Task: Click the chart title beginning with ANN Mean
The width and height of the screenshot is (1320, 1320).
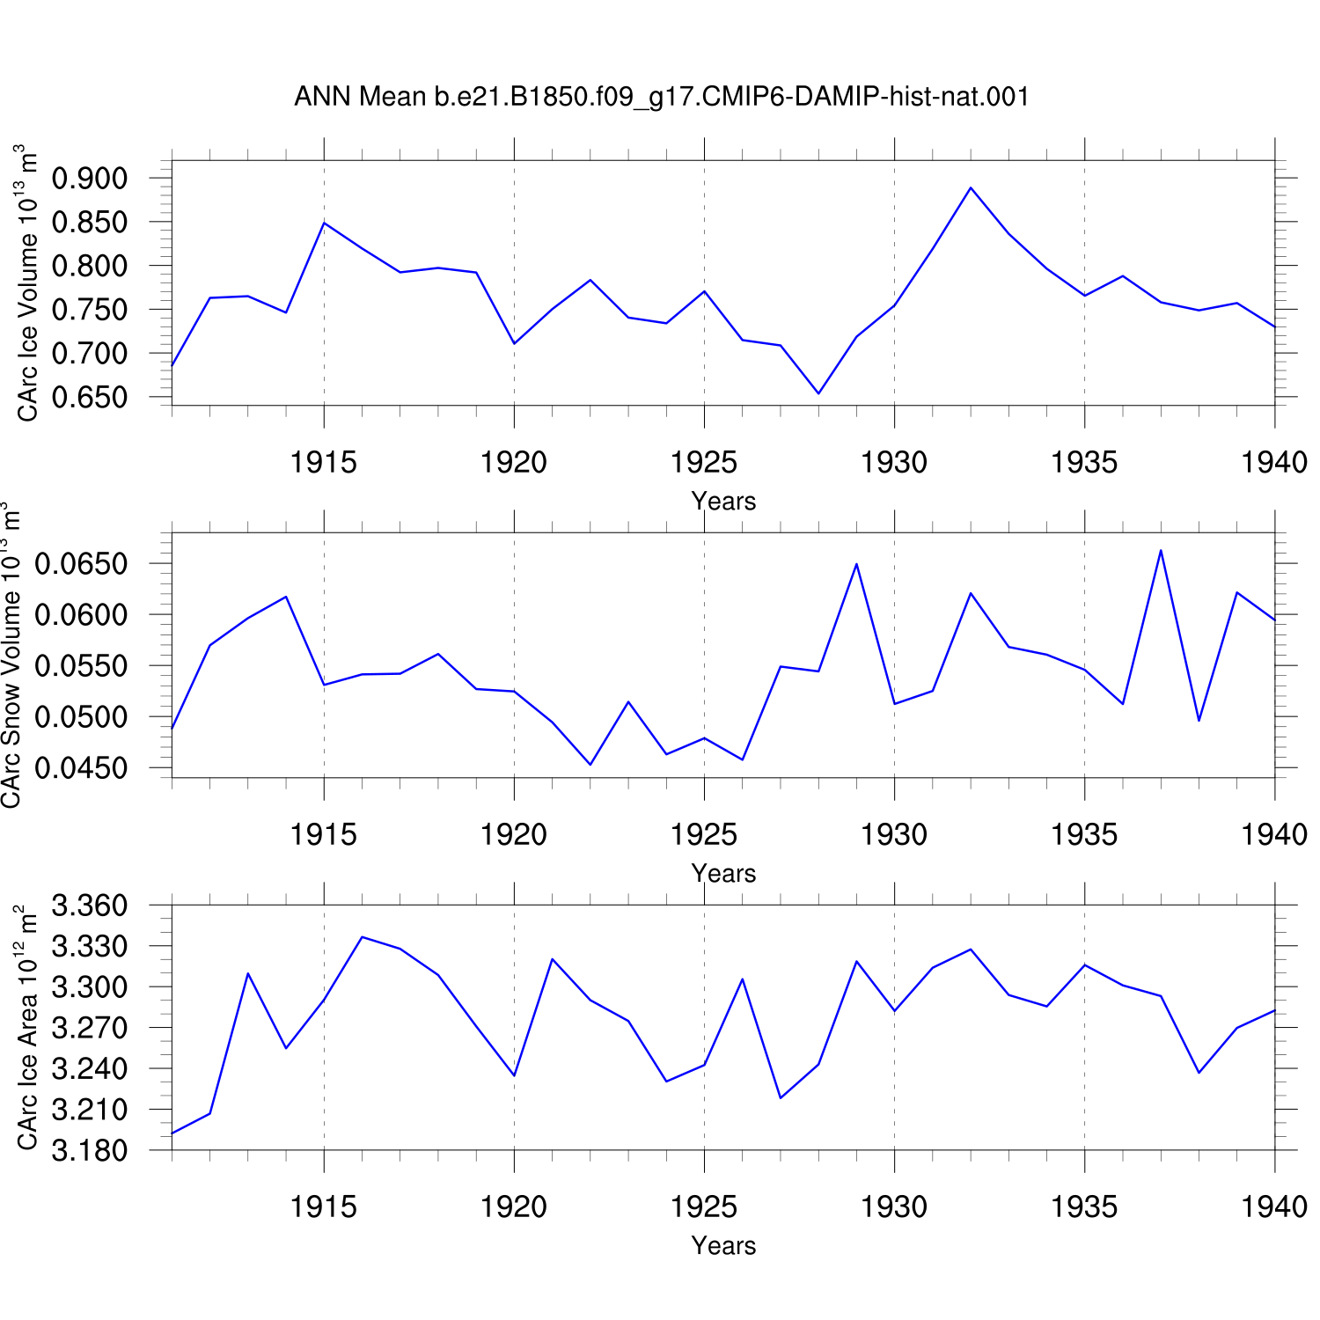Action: pyautogui.click(x=662, y=96)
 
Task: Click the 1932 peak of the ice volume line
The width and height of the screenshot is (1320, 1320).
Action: pyautogui.click(x=971, y=187)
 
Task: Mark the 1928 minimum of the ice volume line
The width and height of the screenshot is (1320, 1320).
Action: pyautogui.click(x=818, y=393)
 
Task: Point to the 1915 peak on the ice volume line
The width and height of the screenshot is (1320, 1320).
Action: pyautogui.click(x=324, y=223)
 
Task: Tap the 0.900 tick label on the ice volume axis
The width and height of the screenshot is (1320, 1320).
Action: pyautogui.click(x=90, y=178)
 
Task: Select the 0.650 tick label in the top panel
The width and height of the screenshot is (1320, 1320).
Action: pyautogui.click(x=90, y=397)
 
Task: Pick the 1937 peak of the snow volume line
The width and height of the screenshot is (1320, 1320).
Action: pyautogui.click(x=1161, y=550)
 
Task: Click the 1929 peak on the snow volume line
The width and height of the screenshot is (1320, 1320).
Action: pyautogui.click(x=856, y=563)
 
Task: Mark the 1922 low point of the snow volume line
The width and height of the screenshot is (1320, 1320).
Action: pyautogui.click(x=590, y=765)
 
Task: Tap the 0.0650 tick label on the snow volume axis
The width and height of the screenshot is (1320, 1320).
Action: pyautogui.click(x=81, y=563)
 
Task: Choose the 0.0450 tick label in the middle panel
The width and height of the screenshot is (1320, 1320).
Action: pyautogui.click(x=81, y=768)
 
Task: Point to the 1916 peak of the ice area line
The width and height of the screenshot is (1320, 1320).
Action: pyautogui.click(x=362, y=936)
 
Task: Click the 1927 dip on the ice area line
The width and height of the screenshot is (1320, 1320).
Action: pyautogui.click(x=781, y=1097)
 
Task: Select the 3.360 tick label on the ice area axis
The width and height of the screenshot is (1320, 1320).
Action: pyautogui.click(x=90, y=905)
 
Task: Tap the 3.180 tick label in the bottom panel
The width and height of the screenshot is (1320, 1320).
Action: pyautogui.click(x=90, y=1150)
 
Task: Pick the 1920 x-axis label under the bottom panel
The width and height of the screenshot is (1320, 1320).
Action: pyautogui.click(x=514, y=1206)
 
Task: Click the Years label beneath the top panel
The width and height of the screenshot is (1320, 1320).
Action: pyautogui.click(x=723, y=501)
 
